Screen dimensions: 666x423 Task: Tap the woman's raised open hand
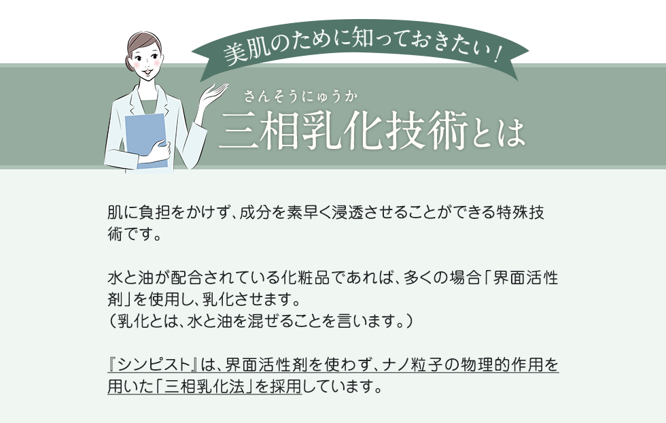(x=215, y=94)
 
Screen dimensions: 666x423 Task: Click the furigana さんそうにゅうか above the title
(x=300, y=97)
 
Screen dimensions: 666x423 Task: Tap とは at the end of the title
(x=498, y=133)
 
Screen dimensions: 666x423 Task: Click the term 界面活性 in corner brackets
(x=526, y=278)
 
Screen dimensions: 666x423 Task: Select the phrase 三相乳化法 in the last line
(x=205, y=387)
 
